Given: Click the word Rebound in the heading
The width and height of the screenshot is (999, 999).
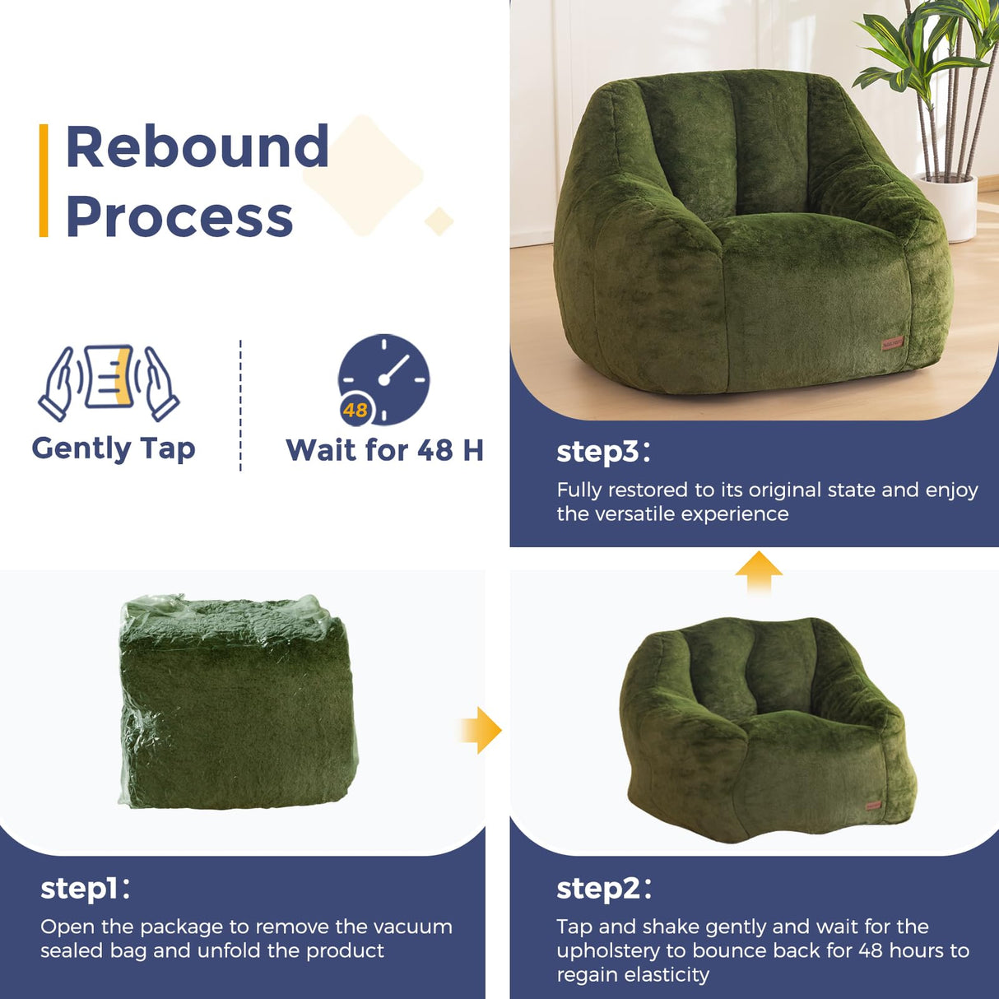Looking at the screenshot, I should click(197, 147).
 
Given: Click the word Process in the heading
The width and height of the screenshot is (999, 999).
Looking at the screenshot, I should click(179, 217).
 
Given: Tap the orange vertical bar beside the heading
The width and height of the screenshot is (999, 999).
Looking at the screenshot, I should click(44, 181).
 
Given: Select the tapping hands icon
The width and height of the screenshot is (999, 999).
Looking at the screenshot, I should click(109, 382).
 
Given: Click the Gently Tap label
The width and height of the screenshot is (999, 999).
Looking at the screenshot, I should click(114, 448).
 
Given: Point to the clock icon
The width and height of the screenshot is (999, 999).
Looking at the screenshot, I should click(384, 379).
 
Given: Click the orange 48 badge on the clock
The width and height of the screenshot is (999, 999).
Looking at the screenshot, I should click(355, 410).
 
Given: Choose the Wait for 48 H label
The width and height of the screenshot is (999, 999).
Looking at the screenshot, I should click(384, 450).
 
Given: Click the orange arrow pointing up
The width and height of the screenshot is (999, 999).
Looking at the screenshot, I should click(759, 571).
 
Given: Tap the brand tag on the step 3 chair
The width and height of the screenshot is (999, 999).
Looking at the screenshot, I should click(893, 342).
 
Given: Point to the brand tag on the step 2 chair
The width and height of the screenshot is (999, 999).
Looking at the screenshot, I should click(873, 805).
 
